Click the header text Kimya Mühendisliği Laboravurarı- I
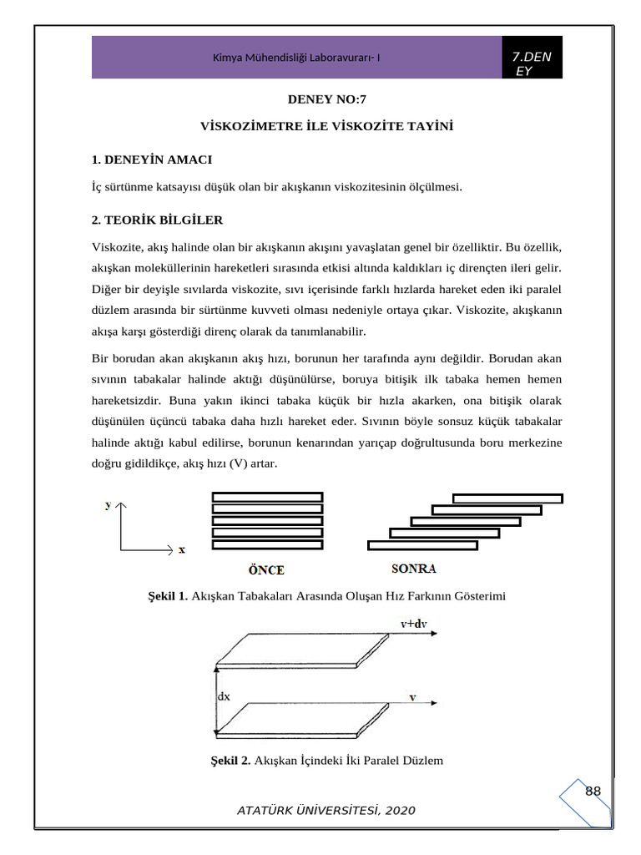click(x=297, y=58)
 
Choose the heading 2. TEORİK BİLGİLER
click(x=157, y=220)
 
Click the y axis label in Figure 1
click(x=109, y=505)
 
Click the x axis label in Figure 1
click(x=182, y=549)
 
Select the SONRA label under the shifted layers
click(x=414, y=569)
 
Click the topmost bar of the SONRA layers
click(x=507, y=498)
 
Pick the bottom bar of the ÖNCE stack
click(x=267, y=545)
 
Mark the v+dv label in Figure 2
click(x=415, y=623)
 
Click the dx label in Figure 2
click(x=224, y=696)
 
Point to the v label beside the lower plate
click(x=412, y=696)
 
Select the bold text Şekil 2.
click(x=231, y=760)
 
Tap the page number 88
click(x=593, y=791)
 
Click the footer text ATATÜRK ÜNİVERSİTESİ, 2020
click(x=326, y=811)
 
